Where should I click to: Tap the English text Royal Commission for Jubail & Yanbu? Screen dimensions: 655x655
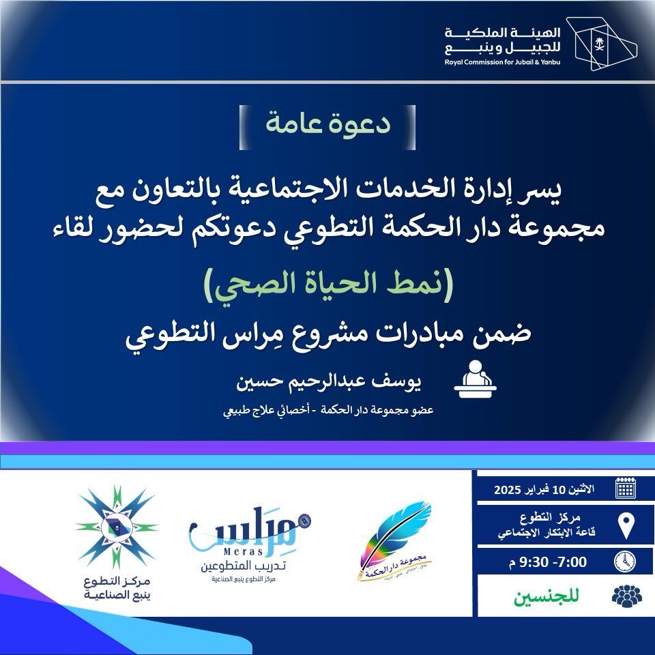pos(501,62)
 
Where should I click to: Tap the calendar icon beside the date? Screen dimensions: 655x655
pos(625,489)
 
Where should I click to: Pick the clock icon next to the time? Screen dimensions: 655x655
pos(625,561)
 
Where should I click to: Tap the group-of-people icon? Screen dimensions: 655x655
pos(626,596)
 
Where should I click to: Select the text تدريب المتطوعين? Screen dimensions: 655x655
pos(244,566)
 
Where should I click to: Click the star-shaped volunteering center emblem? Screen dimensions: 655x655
pos(116,526)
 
